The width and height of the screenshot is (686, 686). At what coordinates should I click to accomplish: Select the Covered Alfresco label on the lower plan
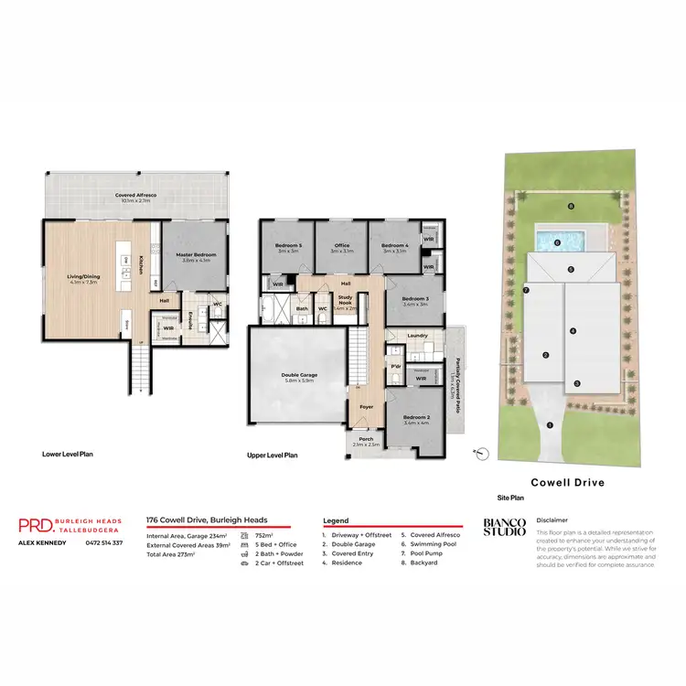pos(132,196)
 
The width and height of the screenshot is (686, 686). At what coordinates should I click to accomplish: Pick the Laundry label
pos(419,336)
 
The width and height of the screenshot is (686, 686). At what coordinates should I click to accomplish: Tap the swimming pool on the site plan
pos(559,243)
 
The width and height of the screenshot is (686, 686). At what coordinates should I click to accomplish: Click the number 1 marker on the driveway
pos(550,424)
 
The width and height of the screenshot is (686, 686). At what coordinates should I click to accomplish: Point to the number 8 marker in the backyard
pos(570,207)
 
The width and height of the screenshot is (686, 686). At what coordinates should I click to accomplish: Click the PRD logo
pos(35,525)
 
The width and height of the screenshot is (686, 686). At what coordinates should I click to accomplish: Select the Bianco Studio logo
pos(504,527)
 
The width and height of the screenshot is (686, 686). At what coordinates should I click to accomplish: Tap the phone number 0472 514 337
pos(103,543)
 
